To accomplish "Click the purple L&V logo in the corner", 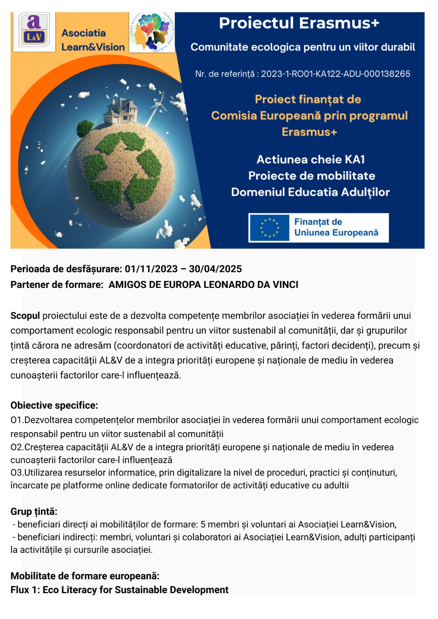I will (34, 31).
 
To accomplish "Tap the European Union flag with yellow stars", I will (269, 227).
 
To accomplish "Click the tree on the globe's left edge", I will (85, 127).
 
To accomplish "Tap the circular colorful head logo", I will (152, 32).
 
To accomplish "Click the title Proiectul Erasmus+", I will (299, 23).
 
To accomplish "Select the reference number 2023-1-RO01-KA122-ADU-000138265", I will (335, 74).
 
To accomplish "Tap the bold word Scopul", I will (25, 316).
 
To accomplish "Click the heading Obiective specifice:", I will (54, 405).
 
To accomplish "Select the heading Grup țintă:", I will (34, 511).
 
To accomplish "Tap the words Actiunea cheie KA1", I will (311, 159).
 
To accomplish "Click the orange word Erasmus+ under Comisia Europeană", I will (309, 132).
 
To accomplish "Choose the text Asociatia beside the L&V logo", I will (84, 33).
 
